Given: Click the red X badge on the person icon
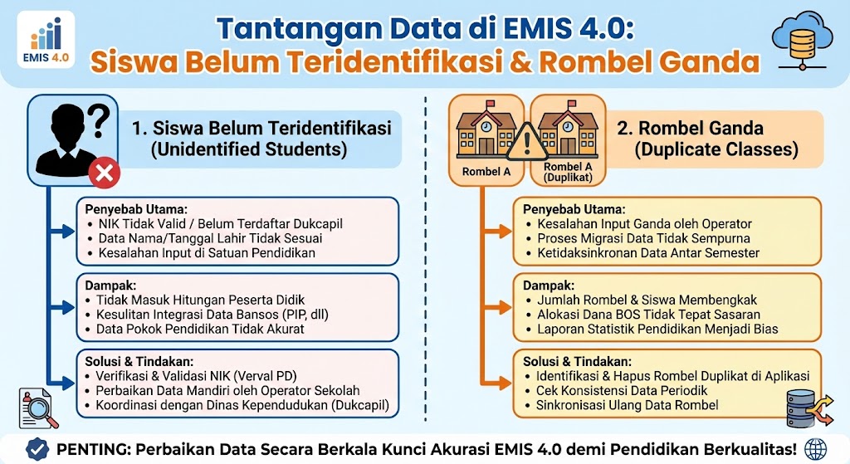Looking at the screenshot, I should click(105, 173).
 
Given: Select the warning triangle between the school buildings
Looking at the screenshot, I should click(526, 143).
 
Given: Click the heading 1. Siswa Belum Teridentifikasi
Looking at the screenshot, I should click(261, 129).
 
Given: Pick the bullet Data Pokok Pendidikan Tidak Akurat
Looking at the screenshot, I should click(200, 329).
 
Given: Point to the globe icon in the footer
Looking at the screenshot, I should click(817, 449).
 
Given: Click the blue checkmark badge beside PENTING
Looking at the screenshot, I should click(37, 449).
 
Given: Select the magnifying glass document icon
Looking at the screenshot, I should click(39, 408).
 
